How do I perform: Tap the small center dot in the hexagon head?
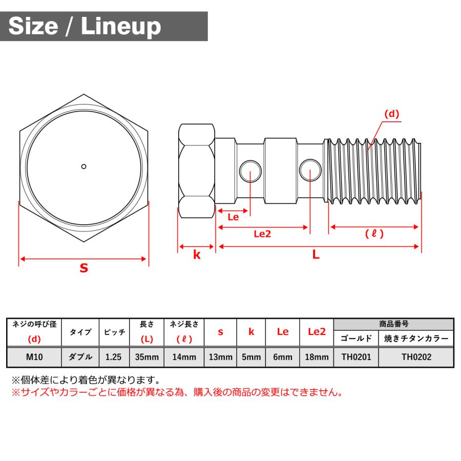coord(83,166)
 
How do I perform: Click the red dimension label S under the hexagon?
coord(83,267)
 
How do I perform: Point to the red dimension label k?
coord(197,255)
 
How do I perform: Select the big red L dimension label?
coord(316,255)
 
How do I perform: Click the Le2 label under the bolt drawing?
coord(262,234)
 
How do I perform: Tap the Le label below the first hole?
coord(233,217)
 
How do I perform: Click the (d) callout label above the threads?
coord(391,114)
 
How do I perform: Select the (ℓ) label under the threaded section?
coord(374,234)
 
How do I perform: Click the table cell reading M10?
coord(34,357)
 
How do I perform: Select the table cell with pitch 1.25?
coord(113,357)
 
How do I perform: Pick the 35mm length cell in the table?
coord(146,357)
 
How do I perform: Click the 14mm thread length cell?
coord(184,357)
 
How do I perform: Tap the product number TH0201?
coord(356,357)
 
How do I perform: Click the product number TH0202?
coord(416,357)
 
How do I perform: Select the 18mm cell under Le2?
coord(317,357)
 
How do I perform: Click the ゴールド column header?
coord(356,339)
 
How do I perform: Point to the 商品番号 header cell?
coord(393,324)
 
